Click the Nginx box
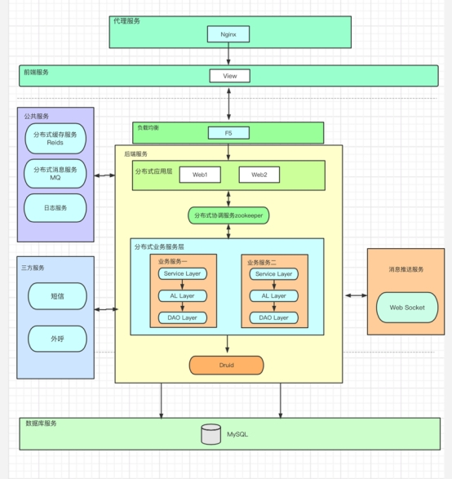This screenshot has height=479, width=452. click(228, 34)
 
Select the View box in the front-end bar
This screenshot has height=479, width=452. click(229, 76)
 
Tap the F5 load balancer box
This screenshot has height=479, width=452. click(228, 133)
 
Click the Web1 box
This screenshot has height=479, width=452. click(200, 175)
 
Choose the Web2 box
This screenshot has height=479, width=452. click(259, 175)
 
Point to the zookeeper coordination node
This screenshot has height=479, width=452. click(228, 215)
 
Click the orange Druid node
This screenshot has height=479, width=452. click(226, 365)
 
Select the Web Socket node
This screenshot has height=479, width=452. click(407, 308)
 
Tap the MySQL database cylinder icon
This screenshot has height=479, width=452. click(211, 434)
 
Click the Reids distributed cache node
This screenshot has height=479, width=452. click(55, 139)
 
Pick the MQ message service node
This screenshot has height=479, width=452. click(55, 174)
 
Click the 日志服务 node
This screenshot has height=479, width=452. click(55, 208)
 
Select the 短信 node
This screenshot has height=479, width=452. click(57, 296)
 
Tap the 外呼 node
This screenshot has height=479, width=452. click(57, 339)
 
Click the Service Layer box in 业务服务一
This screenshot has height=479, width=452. click(182, 273)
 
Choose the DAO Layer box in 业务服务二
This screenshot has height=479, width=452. click(274, 317)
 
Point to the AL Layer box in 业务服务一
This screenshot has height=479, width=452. click(182, 295)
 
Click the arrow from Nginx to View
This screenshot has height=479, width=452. click(228, 54)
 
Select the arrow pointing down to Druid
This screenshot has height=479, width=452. click(227, 344)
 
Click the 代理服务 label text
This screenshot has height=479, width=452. click(126, 21)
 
